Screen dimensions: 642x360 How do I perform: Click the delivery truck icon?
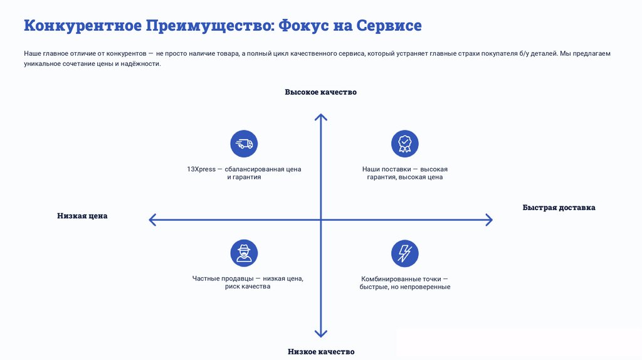[244, 144]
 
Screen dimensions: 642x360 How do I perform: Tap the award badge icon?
[405, 144]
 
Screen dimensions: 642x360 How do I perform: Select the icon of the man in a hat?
[244, 253]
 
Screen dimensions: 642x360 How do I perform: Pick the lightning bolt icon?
[405, 253]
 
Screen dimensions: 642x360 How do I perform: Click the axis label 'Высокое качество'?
[320, 92]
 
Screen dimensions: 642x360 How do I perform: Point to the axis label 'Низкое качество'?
[321, 352]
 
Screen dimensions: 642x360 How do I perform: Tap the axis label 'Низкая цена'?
[82, 216]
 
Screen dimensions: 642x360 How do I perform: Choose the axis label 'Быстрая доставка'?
[559, 208]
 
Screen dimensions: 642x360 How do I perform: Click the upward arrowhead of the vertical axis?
[321, 117]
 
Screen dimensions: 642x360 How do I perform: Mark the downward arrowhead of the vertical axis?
[321, 334]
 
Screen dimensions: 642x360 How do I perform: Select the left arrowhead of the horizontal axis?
[152, 220]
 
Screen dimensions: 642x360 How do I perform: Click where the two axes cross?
[321, 220]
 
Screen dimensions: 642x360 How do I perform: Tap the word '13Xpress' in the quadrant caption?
[201, 169]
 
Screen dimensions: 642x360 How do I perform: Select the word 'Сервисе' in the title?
[389, 26]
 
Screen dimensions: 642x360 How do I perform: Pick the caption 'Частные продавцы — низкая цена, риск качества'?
[248, 282]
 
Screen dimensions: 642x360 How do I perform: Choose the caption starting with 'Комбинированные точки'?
[405, 283]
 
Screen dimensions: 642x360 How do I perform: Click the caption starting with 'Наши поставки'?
[405, 173]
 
